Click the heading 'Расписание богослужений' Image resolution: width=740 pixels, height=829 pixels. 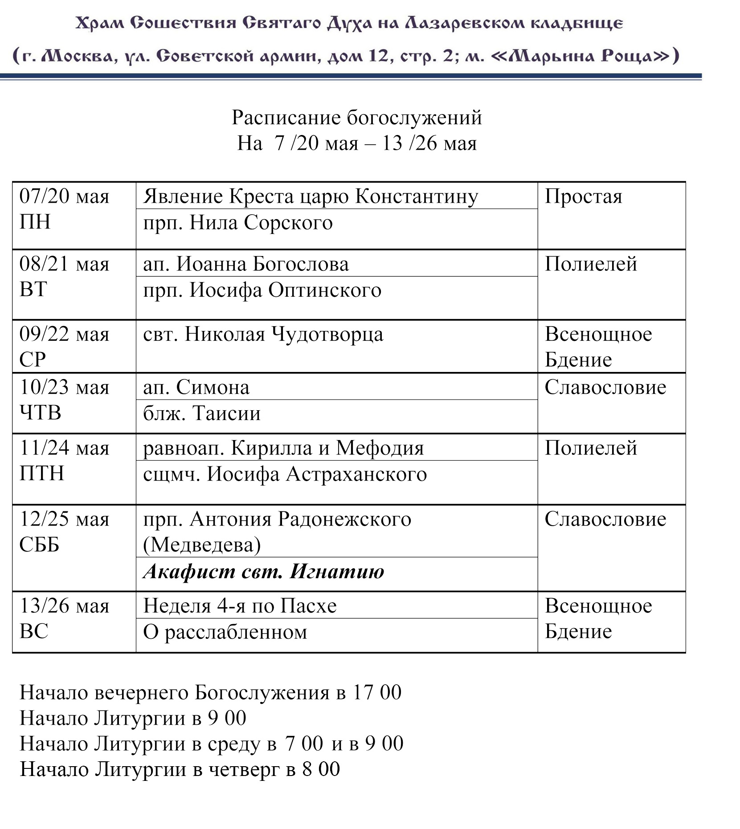[x=356, y=118]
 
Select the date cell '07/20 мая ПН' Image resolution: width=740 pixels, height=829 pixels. [x=64, y=209]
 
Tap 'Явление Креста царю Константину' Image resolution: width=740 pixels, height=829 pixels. [x=311, y=196]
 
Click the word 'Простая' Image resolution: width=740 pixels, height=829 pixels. [x=583, y=196]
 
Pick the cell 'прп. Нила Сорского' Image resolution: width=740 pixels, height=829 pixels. [x=238, y=223]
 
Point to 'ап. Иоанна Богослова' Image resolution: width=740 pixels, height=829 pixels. [x=246, y=264]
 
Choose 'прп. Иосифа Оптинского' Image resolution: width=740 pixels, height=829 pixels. [x=262, y=290]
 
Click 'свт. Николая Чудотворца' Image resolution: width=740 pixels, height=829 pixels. [x=263, y=334]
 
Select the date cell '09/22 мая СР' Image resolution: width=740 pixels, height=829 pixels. [x=64, y=347]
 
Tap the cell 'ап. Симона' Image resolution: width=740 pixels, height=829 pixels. [x=196, y=387]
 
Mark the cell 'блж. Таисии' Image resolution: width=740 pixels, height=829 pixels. [x=202, y=413]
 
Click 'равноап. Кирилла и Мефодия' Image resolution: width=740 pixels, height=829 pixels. [x=283, y=448]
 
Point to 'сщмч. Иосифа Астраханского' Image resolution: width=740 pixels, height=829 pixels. [x=285, y=474]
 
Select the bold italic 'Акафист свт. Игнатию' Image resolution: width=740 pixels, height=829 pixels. [x=263, y=572]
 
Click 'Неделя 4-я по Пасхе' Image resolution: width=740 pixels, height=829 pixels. [x=240, y=606]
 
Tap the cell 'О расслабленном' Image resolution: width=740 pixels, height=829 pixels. [x=225, y=632]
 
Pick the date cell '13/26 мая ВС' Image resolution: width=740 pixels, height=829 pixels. [x=64, y=619]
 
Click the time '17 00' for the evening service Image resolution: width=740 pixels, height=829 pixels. [x=377, y=692]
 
